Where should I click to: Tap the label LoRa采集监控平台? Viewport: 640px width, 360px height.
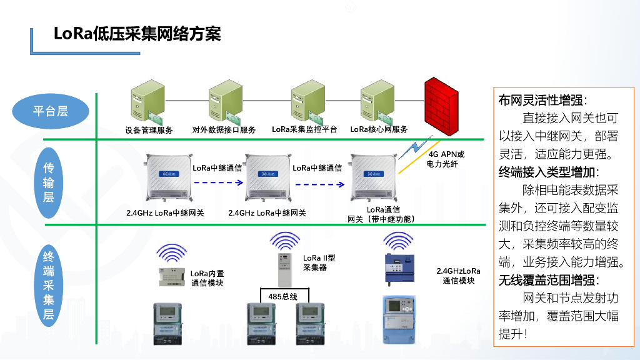304,129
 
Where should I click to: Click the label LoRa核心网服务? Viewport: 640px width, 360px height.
379,129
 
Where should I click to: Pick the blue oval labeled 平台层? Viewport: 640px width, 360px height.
50,111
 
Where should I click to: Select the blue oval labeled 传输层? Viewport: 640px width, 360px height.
49,182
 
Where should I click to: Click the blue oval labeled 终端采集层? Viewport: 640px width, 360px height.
49,285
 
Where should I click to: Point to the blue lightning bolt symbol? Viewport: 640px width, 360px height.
410,149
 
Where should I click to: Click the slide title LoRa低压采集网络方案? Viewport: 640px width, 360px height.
137,34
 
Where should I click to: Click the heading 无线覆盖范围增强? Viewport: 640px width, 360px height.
549,280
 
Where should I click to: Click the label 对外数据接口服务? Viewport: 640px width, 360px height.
224,130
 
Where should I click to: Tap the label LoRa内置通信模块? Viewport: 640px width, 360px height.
207,278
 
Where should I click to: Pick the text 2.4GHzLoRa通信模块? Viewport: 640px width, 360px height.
458,276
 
